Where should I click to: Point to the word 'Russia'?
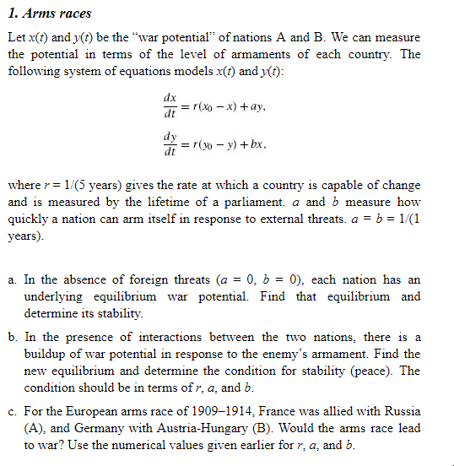click(401, 411)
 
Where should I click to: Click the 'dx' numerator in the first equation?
click(170, 99)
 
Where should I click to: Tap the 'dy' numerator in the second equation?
click(170, 137)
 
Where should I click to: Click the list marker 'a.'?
click(14, 279)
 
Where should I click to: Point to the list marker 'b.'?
click(14, 337)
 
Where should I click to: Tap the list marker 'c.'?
click(14, 411)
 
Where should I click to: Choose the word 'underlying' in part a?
click(52, 296)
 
